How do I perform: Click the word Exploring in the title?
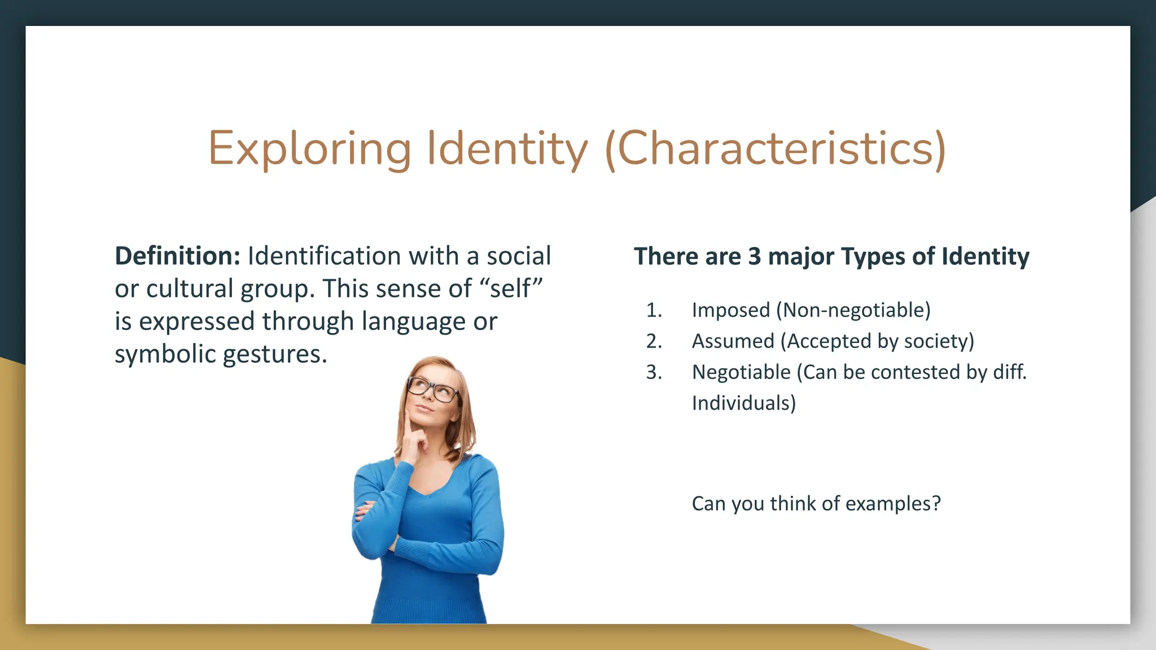pyautogui.click(x=310, y=149)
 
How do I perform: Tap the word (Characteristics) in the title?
pyautogui.click(x=775, y=149)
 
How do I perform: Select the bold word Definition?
pyautogui.click(x=178, y=256)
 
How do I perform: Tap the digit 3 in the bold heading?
pyautogui.click(x=755, y=257)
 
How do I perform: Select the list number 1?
pyautogui.click(x=653, y=310)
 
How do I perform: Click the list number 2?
pyautogui.click(x=654, y=341)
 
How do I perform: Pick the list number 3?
pyautogui.click(x=654, y=372)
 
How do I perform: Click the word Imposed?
pyautogui.click(x=731, y=310)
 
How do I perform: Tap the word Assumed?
pyautogui.click(x=733, y=341)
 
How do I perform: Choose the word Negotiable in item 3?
pyautogui.click(x=741, y=372)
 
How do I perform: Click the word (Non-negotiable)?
pyautogui.click(x=853, y=310)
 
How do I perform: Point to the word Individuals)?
pyautogui.click(x=743, y=403)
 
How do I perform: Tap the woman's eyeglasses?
pyautogui.click(x=433, y=389)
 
